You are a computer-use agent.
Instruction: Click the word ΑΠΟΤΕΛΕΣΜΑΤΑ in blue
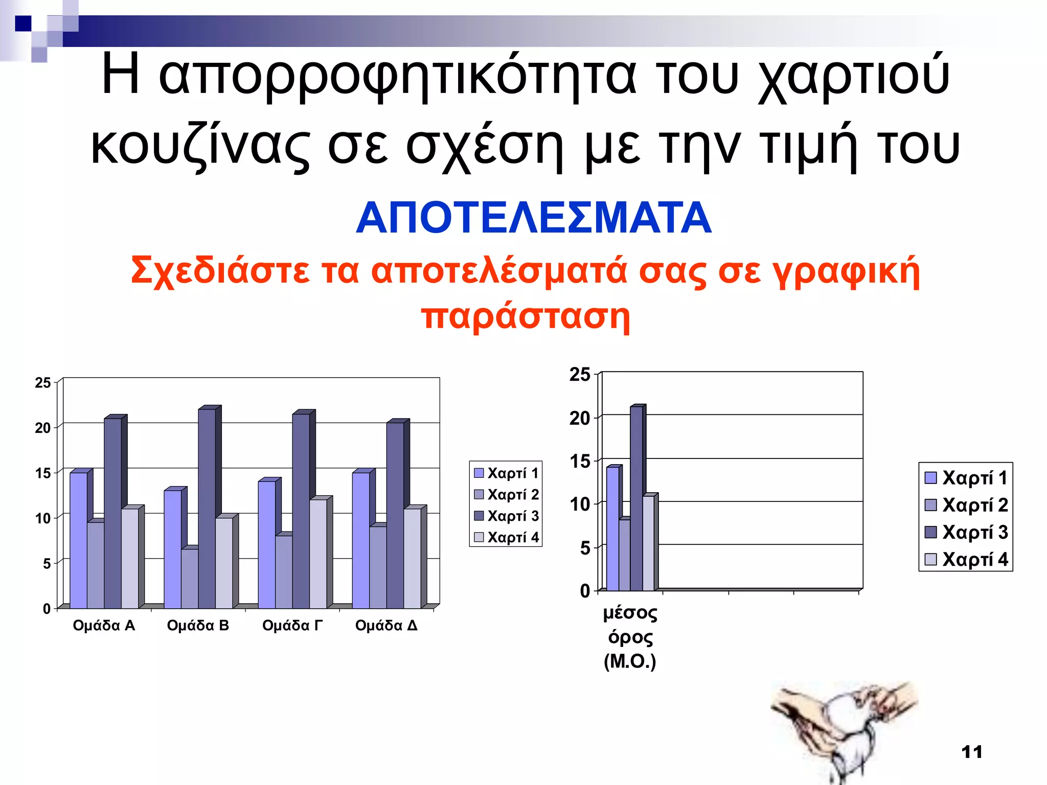(533, 218)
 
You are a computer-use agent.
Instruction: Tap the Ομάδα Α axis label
(104, 626)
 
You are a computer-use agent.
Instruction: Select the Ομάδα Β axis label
(198, 626)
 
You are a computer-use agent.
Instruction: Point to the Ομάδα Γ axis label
(292, 626)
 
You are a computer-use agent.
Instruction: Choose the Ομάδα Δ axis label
(386, 626)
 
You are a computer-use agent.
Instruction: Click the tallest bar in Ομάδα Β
(207, 509)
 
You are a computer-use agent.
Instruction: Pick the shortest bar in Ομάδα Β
(190, 578)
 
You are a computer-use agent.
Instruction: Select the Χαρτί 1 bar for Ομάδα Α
(78, 540)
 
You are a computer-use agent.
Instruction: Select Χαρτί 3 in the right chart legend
(966, 533)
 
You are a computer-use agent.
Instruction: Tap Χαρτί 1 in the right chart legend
(966, 478)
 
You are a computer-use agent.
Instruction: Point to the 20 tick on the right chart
(580, 418)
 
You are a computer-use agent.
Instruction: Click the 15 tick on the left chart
(43, 473)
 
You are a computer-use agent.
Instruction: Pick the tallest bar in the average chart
(636, 498)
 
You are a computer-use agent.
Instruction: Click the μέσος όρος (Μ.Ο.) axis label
(630, 637)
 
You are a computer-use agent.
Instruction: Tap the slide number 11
(972, 752)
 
